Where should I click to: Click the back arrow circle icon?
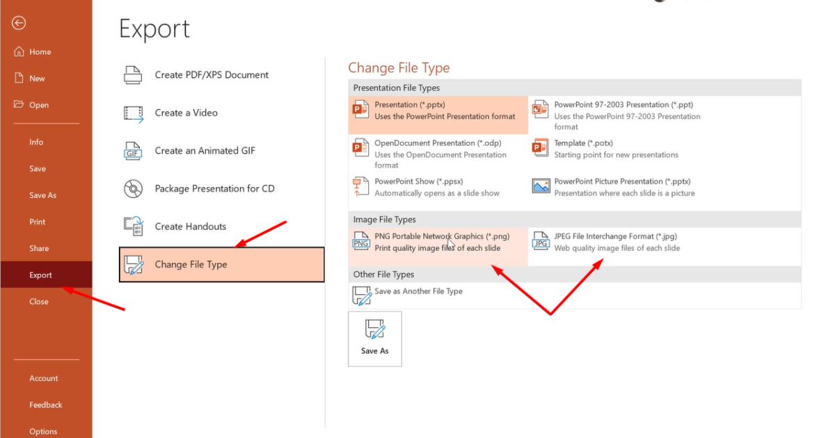[19, 24]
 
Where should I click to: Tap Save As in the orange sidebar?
[42, 195]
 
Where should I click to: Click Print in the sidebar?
[37, 222]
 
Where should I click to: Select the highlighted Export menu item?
[40, 275]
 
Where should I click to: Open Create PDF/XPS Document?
[211, 75]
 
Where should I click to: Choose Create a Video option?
[186, 113]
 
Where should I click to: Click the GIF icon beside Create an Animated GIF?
[133, 151]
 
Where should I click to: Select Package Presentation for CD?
[214, 188]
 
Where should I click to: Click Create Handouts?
[190, 227]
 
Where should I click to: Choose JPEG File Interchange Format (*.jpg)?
[615, 237]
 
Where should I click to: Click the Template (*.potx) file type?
[583, 143]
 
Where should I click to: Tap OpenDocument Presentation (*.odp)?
[438, 143]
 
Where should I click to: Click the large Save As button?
[374, 339]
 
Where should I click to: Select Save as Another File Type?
[418, 291]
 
